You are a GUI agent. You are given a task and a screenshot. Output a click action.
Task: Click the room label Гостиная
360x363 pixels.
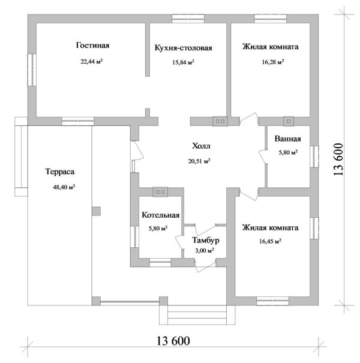pyautogui.click(x=92, y=45)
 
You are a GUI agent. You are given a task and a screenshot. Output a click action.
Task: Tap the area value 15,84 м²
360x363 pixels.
pyautogui.click(x=183, y=62)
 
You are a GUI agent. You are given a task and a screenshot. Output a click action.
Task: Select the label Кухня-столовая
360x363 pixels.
pyautogui.click(x=184, y=48)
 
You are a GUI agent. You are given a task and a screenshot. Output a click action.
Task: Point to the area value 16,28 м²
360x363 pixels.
pyautogui.click(x=273, y=62)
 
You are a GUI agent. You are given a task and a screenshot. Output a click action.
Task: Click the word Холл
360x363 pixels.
pyautogui.click(x=201, y=146)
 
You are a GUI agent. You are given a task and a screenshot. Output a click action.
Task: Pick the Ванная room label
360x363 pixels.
pyautogui.click(x=288, y=139)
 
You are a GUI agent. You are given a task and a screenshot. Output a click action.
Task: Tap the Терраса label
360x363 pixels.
pyautogui.click(x=60, y=172)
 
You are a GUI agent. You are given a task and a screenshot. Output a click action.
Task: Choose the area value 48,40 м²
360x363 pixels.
pyautogui.click(x=64, y=187)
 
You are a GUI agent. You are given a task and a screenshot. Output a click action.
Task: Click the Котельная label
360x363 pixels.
pyautogui.click(x=161, y=215)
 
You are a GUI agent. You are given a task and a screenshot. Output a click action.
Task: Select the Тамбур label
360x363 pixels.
pyautogui.click(x=206, y=241)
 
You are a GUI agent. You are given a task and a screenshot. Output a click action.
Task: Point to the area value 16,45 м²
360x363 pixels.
pyautogui.click(x=270, y=241)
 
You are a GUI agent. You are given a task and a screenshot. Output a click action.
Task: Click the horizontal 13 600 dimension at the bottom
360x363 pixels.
pyautogui.click(x=173, y=341)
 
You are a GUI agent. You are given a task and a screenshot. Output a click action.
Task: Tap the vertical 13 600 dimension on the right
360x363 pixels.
pyautogui.click(x=338, y=160)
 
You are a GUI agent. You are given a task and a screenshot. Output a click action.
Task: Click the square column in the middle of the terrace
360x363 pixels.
pyautogui.click(x=96, y=211)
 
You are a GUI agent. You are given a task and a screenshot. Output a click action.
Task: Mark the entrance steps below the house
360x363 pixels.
pyautogui.click(x=197, y=315)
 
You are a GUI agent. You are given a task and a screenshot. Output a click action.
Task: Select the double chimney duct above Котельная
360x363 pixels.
pyautogui.click(x=160, y=192)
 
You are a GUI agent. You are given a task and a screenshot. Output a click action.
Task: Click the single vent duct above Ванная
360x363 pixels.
pyautogui.click(x=289, y=121)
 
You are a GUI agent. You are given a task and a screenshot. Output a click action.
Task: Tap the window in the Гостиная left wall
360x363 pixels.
pyautogui.click(x=32, y=70)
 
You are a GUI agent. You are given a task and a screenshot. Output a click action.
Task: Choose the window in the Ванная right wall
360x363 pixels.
pyautogui.click(x=314, y=157)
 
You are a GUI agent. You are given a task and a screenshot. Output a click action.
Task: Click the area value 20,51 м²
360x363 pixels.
pyautogui.click(x=199, y=161)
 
